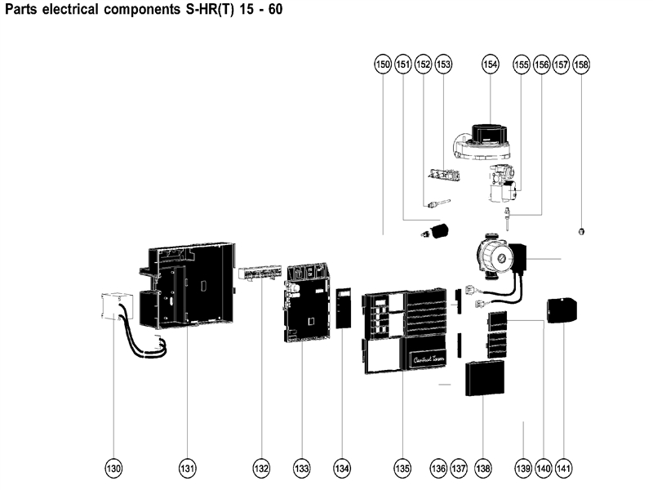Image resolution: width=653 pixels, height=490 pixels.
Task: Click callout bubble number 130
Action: coord(113,469)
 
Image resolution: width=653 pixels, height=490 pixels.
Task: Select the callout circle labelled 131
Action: coord(188,469)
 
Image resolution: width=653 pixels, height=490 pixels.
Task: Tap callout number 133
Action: coord(302,469)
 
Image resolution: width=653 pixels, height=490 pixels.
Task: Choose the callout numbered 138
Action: coord(483,469)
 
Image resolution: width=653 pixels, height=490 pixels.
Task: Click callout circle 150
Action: coord(383,64)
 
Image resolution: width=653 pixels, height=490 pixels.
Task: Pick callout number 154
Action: coord(490,64)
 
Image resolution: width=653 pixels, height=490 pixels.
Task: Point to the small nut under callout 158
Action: coord(580,231)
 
